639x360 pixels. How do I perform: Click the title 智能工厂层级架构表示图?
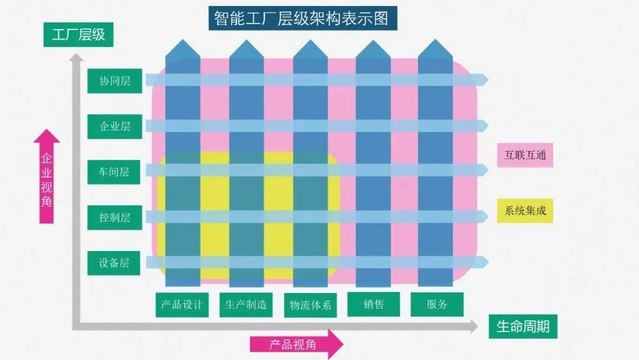[303, 18]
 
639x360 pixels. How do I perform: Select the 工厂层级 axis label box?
[78, 34]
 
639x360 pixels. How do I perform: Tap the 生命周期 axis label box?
[522, 326]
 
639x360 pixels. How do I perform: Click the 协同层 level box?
[115, 81]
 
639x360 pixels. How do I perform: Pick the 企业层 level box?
[115, 126]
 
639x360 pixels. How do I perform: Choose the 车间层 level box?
[115, 172]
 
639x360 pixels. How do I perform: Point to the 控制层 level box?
[115, 217]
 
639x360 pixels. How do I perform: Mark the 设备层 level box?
[115, 263]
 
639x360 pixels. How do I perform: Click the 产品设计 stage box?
[182, 304]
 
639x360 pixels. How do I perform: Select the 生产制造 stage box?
[246, 304]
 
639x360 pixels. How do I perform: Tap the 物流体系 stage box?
[310, 306]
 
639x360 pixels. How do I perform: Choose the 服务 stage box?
[437, 304]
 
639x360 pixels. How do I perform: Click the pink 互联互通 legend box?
[525, 156]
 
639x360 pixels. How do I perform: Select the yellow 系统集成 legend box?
[525, 210]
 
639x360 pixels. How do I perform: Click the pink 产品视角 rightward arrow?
[296, 344]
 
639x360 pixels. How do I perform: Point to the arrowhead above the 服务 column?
[435, 49]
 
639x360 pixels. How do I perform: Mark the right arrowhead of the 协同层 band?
[484, 79]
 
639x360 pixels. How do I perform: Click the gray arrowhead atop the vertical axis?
[76, 57]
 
